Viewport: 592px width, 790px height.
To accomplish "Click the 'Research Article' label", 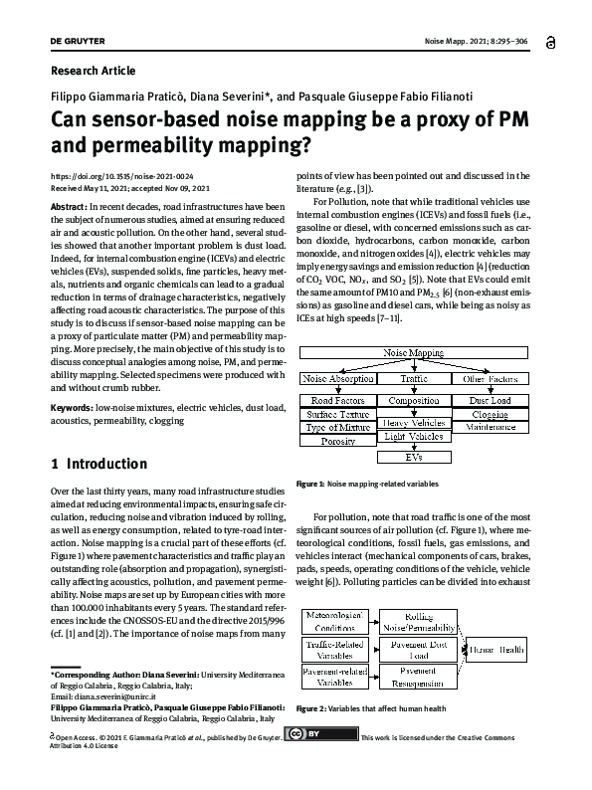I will (93, 71).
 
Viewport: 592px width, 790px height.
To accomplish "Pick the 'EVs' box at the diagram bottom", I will (413, 458).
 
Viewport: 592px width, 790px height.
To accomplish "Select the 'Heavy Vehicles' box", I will (413, 423).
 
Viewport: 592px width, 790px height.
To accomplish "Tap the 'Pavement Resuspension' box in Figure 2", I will (418, 679).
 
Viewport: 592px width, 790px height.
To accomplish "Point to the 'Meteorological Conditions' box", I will (338, 622).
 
